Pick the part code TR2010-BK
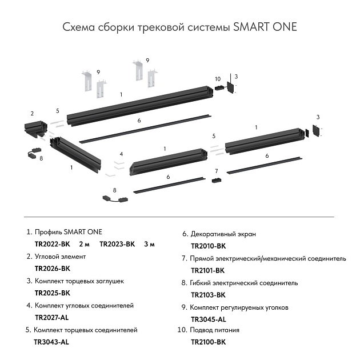pyautogui.click(x=208, y=246)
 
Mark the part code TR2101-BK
pyautogui.click(x=208, y=270)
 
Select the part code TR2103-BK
pyautogui.click(x=208, y=295)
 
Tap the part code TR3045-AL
pyautogui.click(x=208, y=319)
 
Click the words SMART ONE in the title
pyautogui.click(x=265, y=27)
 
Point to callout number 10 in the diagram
pyautogui.click(x=217, y=79)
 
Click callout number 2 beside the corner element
pyautogui.click(x=32, y=113)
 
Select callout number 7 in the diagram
pyautogui.click(x=217, y=171)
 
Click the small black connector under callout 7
pyautogui.click(x=217, y=181)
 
